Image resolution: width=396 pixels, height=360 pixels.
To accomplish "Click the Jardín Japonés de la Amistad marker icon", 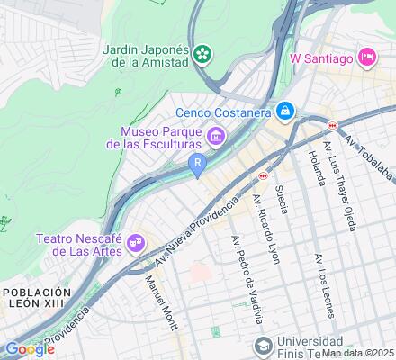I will click(204, 53).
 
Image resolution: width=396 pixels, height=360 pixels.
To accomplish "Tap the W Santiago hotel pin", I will click(367, 58).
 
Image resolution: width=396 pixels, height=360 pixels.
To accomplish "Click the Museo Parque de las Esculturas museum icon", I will click(216, 136).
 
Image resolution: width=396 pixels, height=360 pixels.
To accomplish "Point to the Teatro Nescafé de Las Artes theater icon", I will click(135, 241).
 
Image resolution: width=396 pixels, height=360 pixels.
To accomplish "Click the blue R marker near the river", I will click(197, 162).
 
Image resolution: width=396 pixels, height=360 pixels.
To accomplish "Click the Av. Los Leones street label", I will click(324, 286).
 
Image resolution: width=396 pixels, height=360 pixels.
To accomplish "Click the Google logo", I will click(28, 348).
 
